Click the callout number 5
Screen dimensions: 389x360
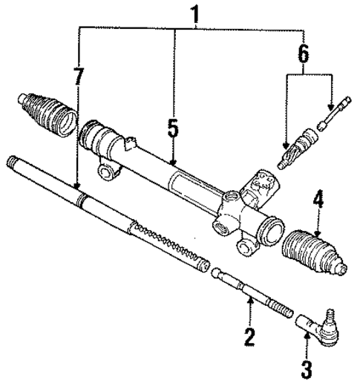coord(173,128)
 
